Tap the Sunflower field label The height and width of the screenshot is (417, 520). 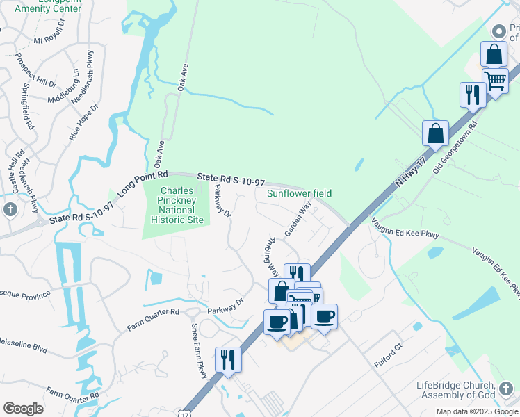(300, 193)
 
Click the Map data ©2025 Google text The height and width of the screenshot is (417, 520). (477, 411)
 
